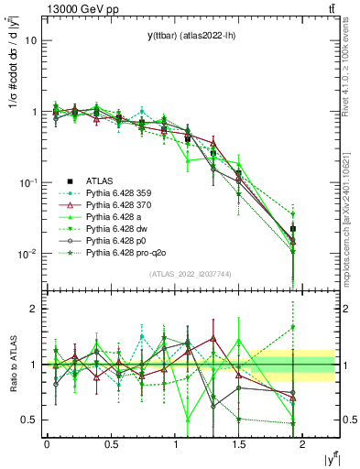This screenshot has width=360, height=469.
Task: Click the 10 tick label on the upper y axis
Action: (x=30, y=41)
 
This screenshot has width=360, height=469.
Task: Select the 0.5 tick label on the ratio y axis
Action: (x=27, y=420)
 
